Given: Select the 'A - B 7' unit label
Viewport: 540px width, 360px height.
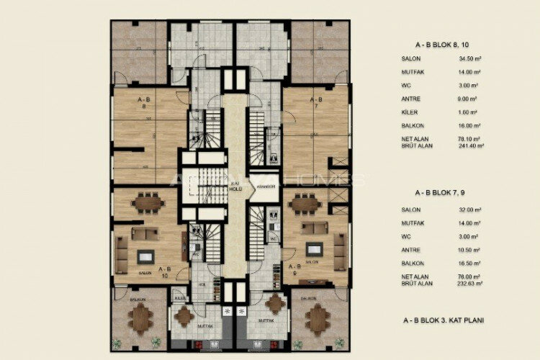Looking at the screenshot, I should coord(315,102).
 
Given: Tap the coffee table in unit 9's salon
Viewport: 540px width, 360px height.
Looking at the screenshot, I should coord(314,250).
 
